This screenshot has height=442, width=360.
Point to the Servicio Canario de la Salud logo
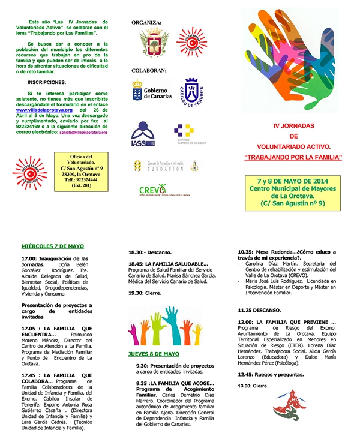185,134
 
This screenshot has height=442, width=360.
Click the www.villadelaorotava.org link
44,110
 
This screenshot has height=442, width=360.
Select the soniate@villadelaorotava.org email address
83,132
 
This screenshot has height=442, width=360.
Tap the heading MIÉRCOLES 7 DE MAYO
53,246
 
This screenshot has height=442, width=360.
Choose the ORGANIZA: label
146,23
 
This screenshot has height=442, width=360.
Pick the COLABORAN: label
149,70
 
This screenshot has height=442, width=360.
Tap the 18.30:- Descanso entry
149,252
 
